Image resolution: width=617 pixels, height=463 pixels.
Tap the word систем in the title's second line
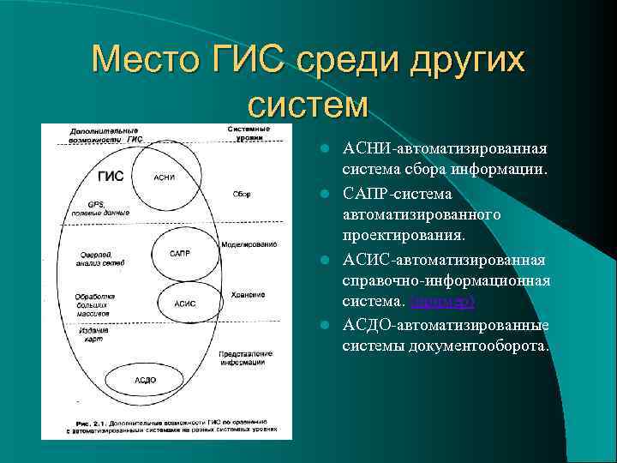[308, 104]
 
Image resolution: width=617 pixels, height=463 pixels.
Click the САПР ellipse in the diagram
[180, 253]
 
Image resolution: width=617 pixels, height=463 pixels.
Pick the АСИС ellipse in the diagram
[184, 303]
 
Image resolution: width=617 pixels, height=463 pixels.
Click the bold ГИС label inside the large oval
[111, 177]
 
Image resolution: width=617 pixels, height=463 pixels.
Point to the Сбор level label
[241, 194]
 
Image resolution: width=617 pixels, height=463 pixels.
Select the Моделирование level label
[248, 244]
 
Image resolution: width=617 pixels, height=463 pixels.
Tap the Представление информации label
[249, 357]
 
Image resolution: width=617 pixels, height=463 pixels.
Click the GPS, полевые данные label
[101, 208]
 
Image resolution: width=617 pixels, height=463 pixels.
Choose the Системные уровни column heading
[249, 133]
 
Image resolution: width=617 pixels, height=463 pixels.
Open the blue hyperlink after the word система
[443, 302]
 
